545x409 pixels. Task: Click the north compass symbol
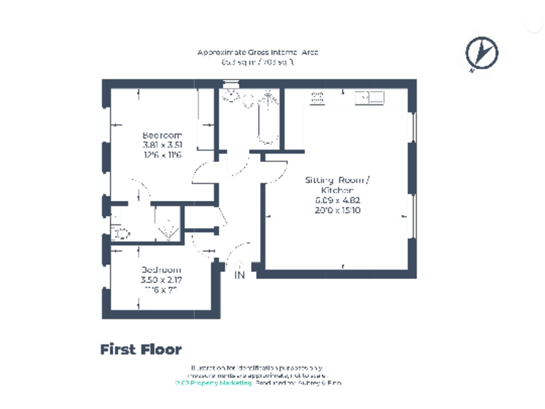[481, 52]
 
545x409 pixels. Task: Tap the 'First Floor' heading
[141, 349]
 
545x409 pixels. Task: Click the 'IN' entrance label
[240, 276]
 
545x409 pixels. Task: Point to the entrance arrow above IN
[239, 266]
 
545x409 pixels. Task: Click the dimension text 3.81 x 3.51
[162, 145]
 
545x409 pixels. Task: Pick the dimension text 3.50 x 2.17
[161, 280]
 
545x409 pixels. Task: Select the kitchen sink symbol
[368, 97]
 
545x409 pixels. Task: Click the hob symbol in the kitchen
[318, 97]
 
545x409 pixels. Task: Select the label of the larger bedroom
[162, 135]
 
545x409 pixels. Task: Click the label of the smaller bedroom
[161, 270]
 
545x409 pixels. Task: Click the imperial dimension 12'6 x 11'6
[162, 155]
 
